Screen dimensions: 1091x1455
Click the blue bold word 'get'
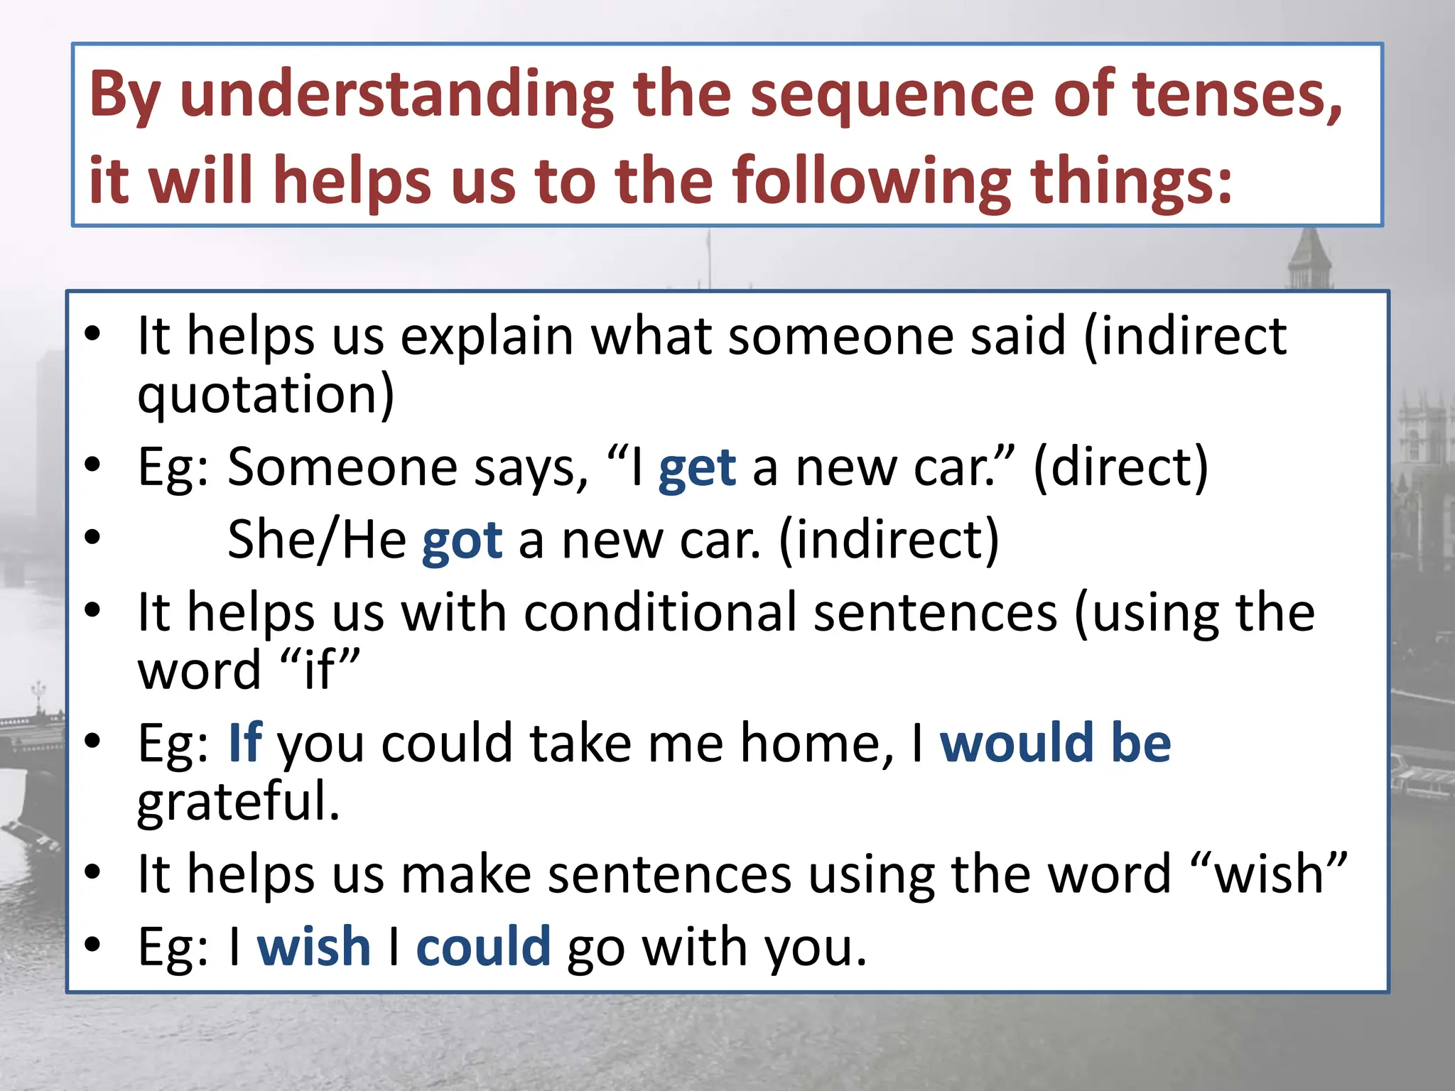click(x=697, y=469)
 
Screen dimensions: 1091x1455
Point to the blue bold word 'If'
click(x=245, y=743)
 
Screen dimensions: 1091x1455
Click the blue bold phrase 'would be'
click(x=1055, y=743)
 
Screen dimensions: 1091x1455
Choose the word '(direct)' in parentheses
click(x=1120, y=469)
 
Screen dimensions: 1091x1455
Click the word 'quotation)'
click(x=266, y=395)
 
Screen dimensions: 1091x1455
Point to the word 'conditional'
click(x=660, y=612)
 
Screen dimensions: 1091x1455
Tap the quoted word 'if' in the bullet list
click(x=320, y=670)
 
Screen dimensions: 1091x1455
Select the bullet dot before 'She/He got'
click(x=92, y=538)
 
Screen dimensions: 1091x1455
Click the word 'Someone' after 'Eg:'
click(x=342, y=469)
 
